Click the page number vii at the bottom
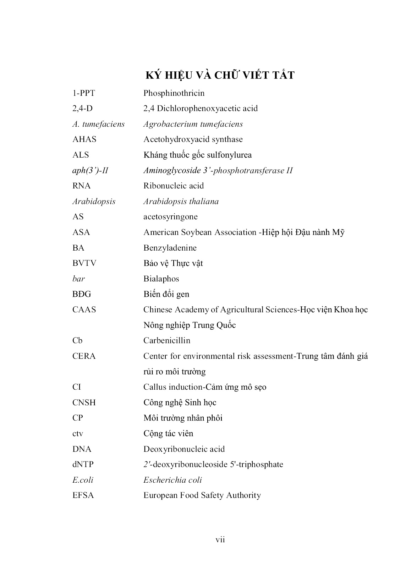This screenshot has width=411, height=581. tap(220, 540)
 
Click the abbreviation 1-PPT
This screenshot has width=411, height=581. tap(84, 93)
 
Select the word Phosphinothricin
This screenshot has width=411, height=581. tap(174, 93)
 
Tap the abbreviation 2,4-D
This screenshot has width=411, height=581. tap(82, 108)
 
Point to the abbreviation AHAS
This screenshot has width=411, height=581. tap(84, 139)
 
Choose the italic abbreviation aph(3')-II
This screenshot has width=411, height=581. tap(90, 170)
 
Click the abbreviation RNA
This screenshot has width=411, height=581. tap(82, 186)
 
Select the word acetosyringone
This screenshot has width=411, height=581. tap(170, 216)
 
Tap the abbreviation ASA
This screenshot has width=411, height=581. tap(81, 232)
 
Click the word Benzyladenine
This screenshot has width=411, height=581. tap(170, 248)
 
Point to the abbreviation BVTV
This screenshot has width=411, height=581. tap(84, 263)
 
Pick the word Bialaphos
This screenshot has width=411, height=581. tap(161, 279)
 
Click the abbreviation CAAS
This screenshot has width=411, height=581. tap(84, 309)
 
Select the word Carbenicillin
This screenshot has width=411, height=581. tap(167, 340)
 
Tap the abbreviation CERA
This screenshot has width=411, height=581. tap(84, 356)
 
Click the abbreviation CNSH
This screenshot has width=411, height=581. tap(84, 402)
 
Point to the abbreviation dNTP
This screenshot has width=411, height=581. tap(83, 464)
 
